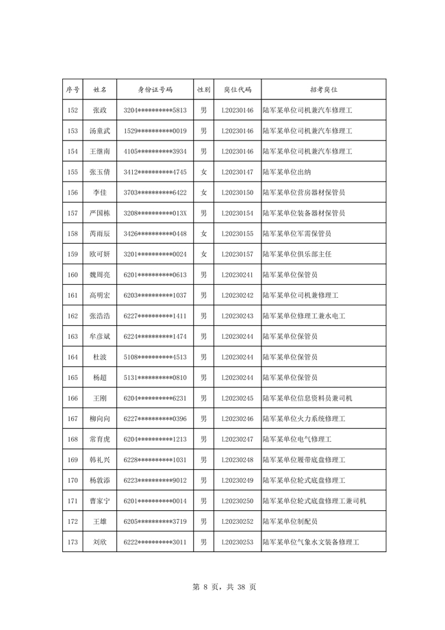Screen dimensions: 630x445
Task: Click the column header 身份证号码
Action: [x=155, y=90]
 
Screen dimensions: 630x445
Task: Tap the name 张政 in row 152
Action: [x=99, y=110]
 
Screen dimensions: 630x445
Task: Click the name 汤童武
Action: [x=99, y=131]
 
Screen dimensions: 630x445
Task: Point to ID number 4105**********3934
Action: [x=155, y=151]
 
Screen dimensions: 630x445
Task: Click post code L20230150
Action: [x=238, y=192]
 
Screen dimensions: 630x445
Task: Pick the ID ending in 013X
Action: [x=155, y=213]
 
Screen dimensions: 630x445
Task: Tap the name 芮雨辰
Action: [x=99, y=234]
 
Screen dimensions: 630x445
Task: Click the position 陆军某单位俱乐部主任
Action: [x=297, y=254]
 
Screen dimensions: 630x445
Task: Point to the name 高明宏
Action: [x=99, y=295]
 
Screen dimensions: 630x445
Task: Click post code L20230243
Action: [x=238, y=316]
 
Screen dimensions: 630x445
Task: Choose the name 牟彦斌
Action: [x=99, y=336]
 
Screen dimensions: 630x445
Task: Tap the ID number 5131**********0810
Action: [x=155, y=377]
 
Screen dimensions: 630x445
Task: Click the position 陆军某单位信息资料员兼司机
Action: [x=307, y=398]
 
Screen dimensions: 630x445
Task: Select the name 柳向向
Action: [x=99, y=418]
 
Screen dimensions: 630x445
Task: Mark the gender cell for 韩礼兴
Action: [x=203, y=459]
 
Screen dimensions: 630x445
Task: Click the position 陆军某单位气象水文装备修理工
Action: [x=311, y=542]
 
